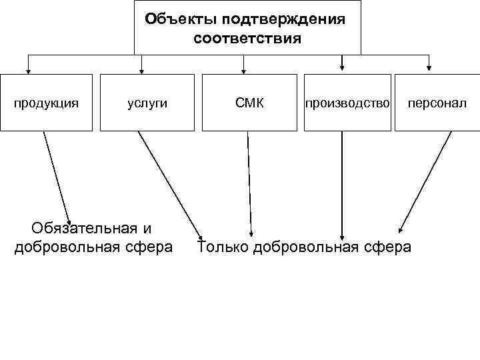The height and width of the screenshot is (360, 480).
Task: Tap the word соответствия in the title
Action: pos(247,39)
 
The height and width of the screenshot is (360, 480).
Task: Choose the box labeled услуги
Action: pos(147,103)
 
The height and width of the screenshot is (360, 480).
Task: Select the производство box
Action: pos(347,103)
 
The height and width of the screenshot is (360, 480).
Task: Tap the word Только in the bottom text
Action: pos(223,247)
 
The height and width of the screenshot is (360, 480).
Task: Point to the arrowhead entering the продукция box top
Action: pos(28,67)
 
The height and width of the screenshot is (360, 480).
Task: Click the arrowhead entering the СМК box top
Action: pos(244,67)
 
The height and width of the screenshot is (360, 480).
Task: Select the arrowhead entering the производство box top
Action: pos(343,66)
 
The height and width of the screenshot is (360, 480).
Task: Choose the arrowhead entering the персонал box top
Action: pos(429,66)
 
